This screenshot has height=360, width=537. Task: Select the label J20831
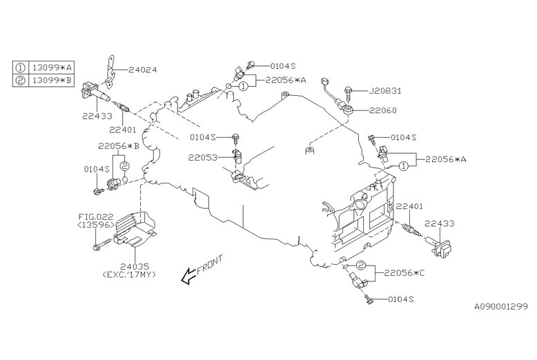click(x=385, y=90)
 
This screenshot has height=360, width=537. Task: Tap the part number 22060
click(x=382, y=110)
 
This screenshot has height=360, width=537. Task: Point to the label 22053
click(x=202, y=158)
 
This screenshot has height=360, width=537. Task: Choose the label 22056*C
click(x=405, y=273)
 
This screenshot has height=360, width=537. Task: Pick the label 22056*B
click(x=118, y=146)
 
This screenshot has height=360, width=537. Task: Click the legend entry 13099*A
click(x=50, y=68)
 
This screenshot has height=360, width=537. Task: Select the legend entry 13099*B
click(x=50, y=80)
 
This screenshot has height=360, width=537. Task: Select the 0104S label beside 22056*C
click(x=401, y=299)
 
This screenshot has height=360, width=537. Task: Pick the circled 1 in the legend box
click(x=21, y=68)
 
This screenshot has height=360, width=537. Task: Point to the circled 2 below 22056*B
click(x=125, y=167)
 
